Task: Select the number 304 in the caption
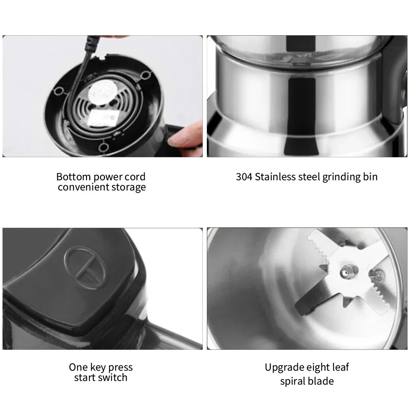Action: [244, 177]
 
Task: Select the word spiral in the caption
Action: [292, 381]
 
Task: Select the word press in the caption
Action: [120, 368]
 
